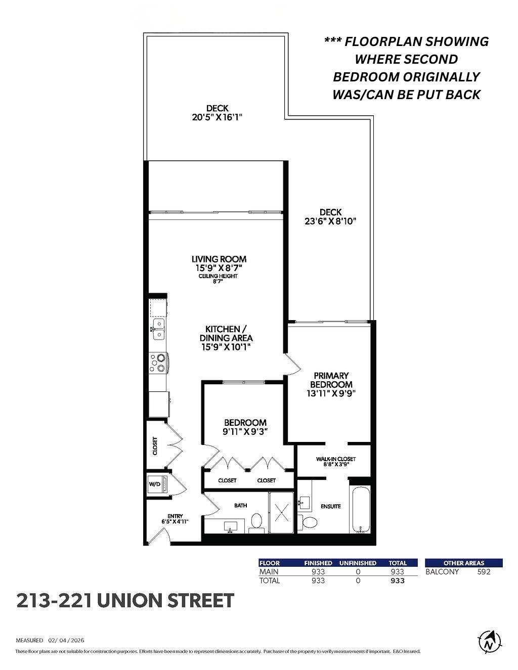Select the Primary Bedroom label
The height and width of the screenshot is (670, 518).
[331, 380]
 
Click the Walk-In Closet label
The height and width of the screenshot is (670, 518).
[336, 459]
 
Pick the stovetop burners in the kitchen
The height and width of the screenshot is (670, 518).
[158, 363]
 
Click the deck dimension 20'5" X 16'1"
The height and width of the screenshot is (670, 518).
[218, 117]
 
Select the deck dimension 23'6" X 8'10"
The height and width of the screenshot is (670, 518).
[330, 221]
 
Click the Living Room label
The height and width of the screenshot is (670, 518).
[219, 259]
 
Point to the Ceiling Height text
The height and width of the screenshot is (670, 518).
[218, 276]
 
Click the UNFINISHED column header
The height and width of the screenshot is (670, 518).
[358, 563]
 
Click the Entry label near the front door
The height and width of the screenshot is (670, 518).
[175, 516]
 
